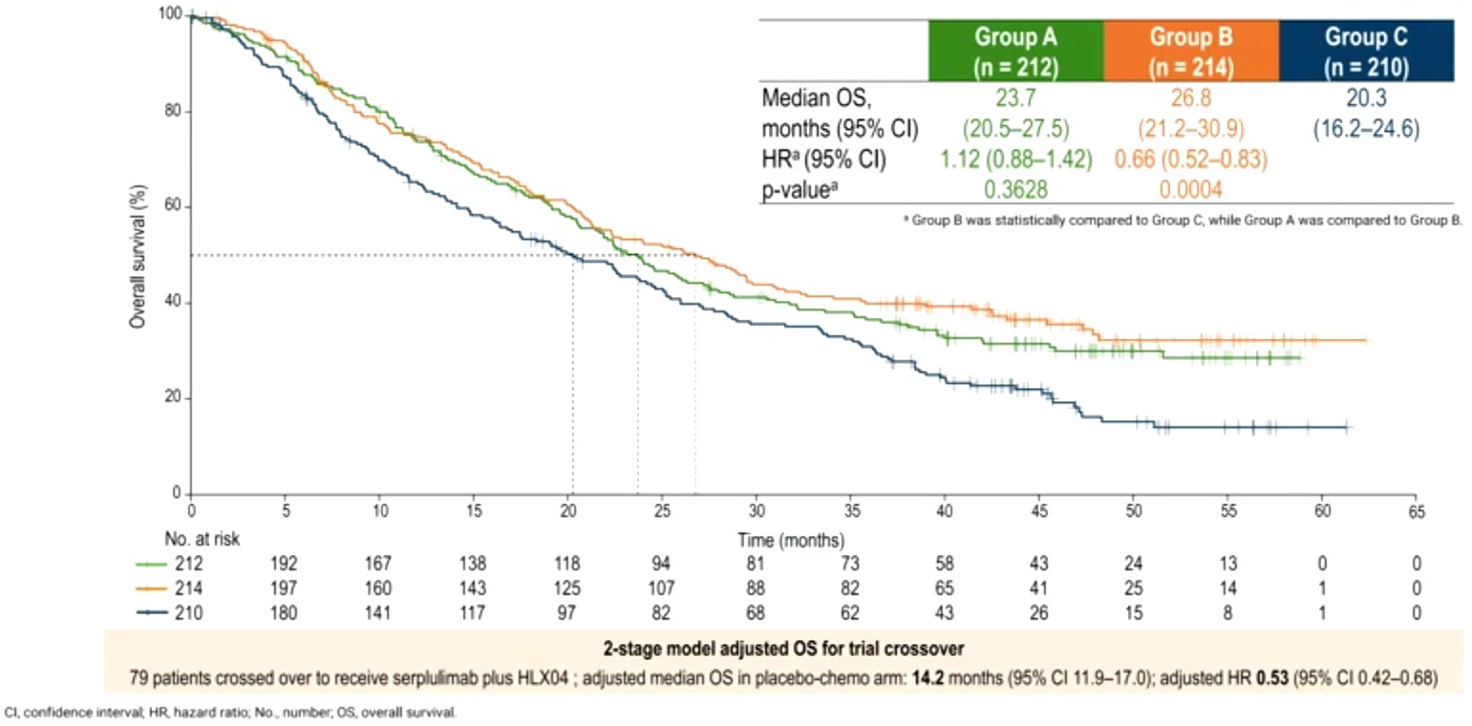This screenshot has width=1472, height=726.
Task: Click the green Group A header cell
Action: click(x=1014, y=50)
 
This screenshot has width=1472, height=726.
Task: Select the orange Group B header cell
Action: click(x=1190, y=50)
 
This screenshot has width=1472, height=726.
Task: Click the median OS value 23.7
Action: click(x=1014, y=97)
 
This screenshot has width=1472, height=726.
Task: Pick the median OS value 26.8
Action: click(x=1190, y=97)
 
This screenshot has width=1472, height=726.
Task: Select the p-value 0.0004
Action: click(x=1190, y=187)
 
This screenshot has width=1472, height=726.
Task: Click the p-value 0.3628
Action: click(x=1014, y=187)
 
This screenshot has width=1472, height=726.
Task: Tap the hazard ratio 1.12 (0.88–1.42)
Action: click(x=1014, y=158)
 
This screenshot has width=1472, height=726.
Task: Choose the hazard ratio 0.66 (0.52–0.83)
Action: click(x=1190, y=158)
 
